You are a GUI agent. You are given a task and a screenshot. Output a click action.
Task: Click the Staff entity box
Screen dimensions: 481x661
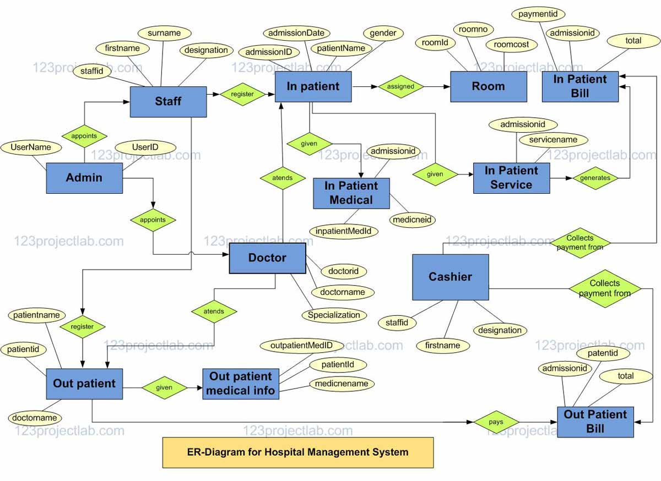pos(168,101)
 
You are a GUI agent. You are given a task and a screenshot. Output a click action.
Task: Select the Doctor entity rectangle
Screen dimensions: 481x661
pos(267,258)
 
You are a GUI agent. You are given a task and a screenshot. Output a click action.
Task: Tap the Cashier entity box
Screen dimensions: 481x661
pos(450,277)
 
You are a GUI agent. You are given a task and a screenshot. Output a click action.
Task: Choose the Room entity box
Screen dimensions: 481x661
pos(488,86)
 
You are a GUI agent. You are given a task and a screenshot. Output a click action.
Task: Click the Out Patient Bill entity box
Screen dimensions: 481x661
pos(595,422)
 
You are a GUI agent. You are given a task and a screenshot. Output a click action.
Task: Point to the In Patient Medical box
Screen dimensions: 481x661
pos(351,193)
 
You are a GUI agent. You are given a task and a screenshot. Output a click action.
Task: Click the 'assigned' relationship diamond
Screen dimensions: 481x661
pos(400,86)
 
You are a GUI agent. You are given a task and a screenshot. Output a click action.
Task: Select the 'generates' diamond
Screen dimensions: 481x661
pos(595,178)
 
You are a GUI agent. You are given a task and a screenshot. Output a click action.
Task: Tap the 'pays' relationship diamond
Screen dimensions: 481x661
pos(496,422)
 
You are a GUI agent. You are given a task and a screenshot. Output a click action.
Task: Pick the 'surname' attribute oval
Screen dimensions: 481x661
pos(164,33)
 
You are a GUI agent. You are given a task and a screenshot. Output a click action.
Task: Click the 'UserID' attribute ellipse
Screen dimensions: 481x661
pos(145,147)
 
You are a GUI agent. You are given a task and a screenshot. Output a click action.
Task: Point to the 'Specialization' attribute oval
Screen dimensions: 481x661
pos(334,315)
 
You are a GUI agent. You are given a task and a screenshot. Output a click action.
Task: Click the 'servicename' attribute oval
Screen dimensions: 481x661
pos(553,140)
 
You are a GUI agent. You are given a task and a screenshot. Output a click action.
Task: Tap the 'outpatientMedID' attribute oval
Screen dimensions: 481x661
pos(301,346)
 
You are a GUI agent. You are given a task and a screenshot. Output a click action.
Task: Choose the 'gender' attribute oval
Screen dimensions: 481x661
pos(383,33)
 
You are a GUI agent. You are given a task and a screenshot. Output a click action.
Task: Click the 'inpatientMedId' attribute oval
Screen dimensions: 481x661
pos(343,231)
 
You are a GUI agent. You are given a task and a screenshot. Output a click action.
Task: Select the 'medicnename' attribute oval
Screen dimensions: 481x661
pos(342,384)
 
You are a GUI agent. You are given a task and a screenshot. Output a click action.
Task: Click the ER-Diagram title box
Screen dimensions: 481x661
pos(297,452)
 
